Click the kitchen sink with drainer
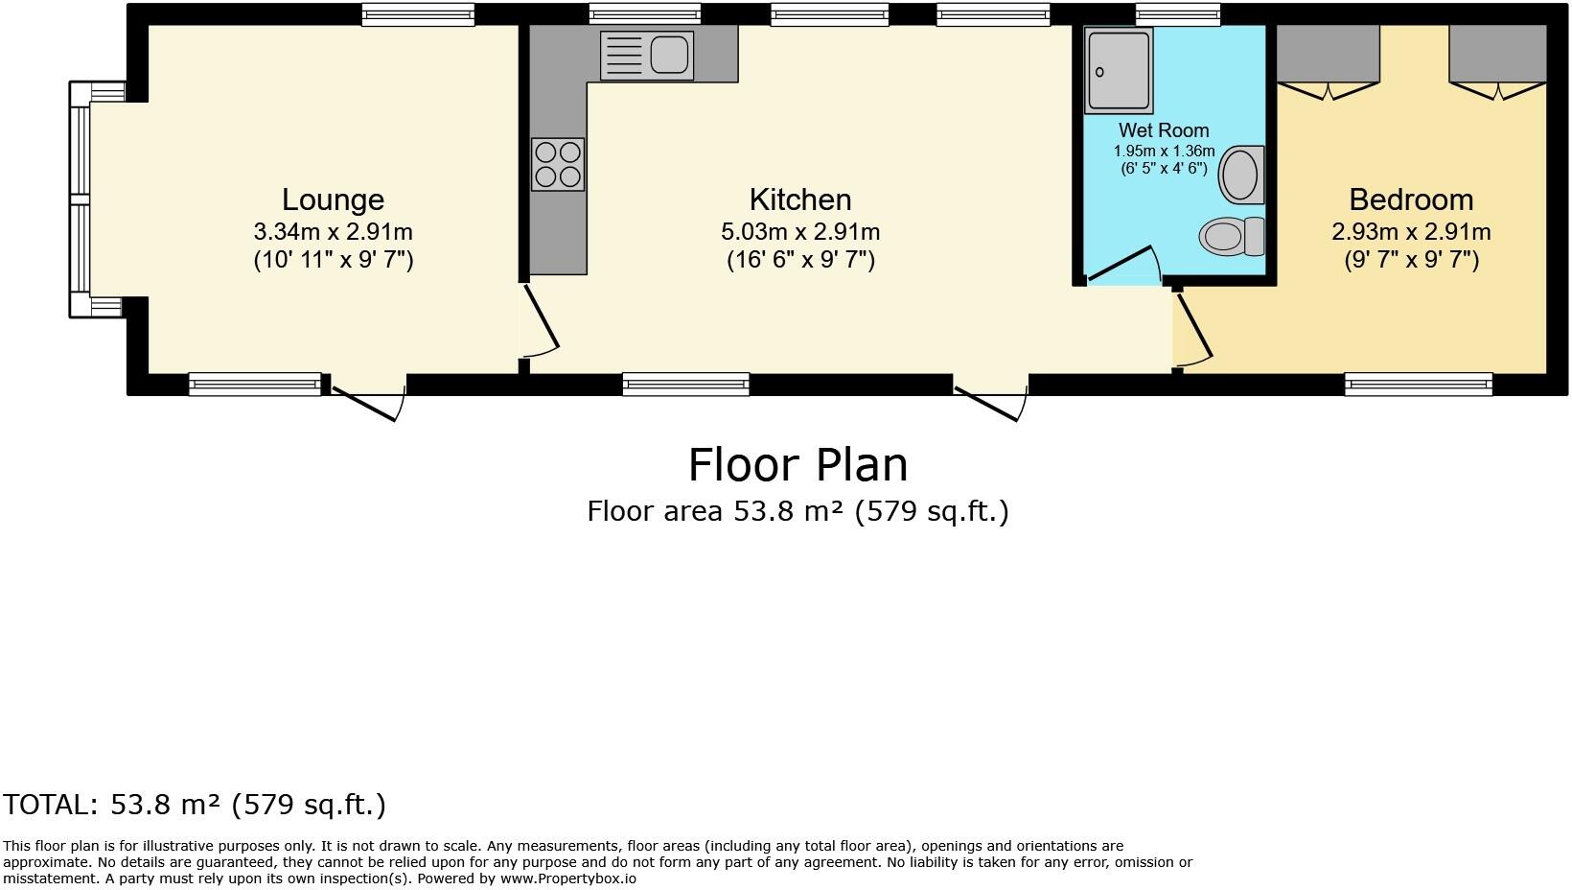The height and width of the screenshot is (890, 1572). click(x=647, y=55)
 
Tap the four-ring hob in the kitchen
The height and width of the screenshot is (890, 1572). click(x=558, y=164)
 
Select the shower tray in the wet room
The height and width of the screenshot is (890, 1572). click(x=1119, y=70)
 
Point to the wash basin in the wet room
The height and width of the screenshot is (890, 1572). click(x=1242, y=175)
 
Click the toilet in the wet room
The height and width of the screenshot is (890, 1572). click(x=1232, y=235)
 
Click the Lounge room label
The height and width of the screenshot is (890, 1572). click(x=333, y=199)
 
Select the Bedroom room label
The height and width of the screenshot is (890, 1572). click(x=1410, y=199)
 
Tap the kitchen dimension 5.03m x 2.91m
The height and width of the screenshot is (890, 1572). click(x=800, y=232)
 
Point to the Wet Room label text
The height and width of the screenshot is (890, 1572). click(x=1164, y=130)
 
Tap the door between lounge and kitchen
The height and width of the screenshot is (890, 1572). click(x=538, y=321)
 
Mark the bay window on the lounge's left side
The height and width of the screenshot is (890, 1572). click(x=81, y=199)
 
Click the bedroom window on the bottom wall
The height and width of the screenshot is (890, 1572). click(x=1418, y=385)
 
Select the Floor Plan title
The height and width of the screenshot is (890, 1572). click(x=798, y=465)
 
